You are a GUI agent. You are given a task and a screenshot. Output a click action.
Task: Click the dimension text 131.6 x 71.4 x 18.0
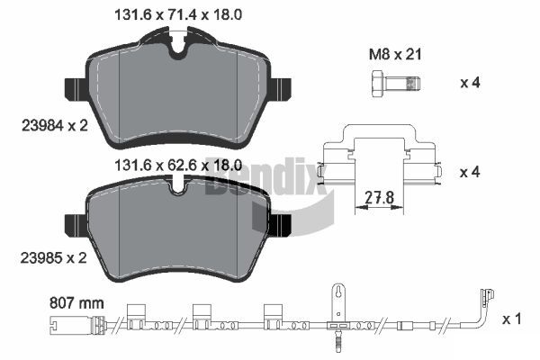click(x=177, y=14)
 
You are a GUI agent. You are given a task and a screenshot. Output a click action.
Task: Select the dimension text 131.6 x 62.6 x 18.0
click(x=177, y=166)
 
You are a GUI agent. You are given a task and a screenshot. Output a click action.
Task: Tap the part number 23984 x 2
click(x=55, y=126)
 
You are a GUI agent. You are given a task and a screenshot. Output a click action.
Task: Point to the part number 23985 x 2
click(x=54, y=257)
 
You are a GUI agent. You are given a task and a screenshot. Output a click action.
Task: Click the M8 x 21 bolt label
click(x=395, y=54)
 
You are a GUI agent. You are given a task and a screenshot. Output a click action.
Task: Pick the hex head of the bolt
click(x=378, y=83)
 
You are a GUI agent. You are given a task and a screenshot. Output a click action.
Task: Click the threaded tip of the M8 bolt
click(x=413, y=83)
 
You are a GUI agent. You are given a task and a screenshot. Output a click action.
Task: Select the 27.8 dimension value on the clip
click(x=379, y=198)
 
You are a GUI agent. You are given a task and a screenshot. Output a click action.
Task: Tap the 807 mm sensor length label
click(x=76, y=303)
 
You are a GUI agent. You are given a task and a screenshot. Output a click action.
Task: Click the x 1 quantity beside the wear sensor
click(x=512, y=319)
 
